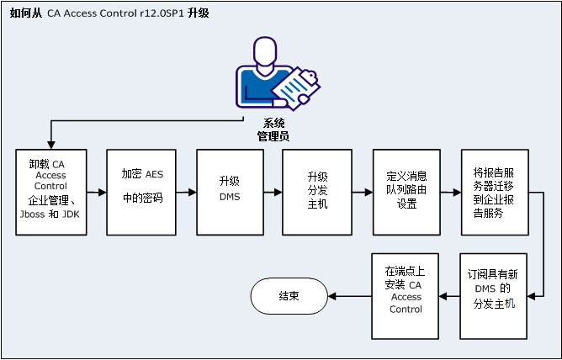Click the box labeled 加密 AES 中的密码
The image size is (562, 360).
pos(140,192)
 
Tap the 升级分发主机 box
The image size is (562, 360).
pos(317,192)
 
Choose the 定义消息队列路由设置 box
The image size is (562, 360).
pos(407,192)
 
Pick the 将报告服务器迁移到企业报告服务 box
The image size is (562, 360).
pos(495,192)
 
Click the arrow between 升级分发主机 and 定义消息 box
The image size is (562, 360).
pos(363,193)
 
